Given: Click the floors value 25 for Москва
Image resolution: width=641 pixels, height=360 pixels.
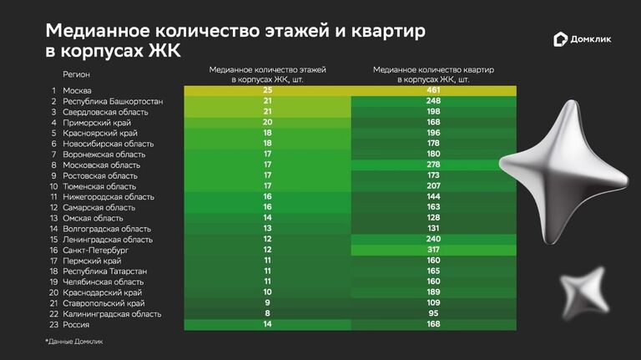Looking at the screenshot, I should coord(268,90).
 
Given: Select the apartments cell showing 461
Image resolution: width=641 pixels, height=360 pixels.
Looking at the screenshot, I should coord(434,90).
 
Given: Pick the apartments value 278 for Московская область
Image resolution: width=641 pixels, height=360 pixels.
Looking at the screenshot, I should coord(434,165).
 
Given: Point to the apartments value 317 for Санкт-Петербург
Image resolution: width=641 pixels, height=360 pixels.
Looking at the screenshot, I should coord(434,250).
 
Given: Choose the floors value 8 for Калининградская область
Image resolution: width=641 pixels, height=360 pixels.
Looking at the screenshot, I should coord(268,314).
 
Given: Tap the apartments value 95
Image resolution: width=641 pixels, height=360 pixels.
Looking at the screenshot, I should coord(434,314).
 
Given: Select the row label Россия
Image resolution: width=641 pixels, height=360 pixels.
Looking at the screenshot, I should coord(76,324).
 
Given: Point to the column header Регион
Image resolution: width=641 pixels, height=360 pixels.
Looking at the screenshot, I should coord(77,74).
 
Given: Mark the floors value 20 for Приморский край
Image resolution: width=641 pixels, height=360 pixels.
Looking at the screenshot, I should coord(268,123).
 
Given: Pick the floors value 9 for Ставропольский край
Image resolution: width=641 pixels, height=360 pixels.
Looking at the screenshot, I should coord(268,303).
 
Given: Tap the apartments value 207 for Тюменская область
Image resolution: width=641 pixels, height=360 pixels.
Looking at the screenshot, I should coord(434,186).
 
